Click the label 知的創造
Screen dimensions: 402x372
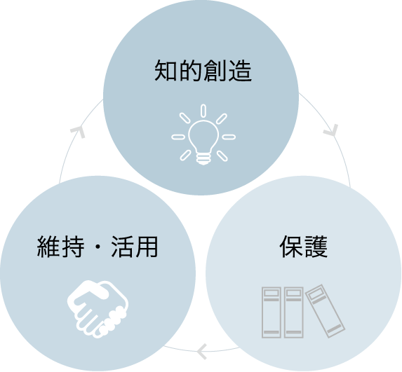(203, 71)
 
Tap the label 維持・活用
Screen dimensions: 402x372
(98, 247)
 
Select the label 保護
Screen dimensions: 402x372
(304, 247)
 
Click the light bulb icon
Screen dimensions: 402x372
(203, 135)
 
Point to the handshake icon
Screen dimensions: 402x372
(98, 309)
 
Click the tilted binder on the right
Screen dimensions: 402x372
(325, 311)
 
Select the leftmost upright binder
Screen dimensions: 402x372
(272, 312)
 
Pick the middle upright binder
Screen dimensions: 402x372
(293, 312)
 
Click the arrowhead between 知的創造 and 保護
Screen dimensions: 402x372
(332, 130)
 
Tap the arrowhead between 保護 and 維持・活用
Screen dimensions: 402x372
(202, 352)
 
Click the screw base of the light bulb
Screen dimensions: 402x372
(203, 159)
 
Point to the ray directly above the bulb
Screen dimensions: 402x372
(203, 111)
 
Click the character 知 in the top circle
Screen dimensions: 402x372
(166, 71)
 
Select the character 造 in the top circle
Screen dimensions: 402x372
(240, 71)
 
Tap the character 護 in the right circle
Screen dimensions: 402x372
(316, 247)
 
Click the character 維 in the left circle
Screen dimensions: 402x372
(48, 247)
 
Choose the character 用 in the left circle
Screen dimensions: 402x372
(147, 247)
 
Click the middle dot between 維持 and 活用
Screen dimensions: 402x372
(98, 247)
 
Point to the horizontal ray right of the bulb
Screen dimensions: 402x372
(229, 137)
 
